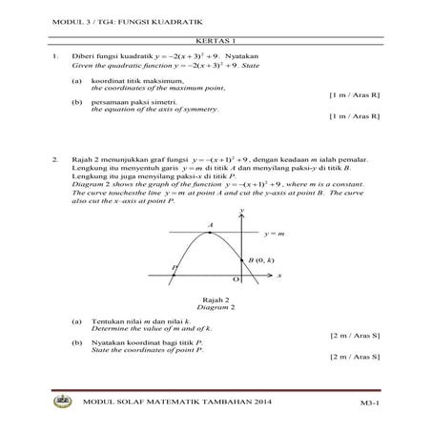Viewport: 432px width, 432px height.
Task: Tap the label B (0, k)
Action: click(x=260, y=258)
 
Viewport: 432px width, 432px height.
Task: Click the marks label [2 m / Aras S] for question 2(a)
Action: click(x=355, y=335)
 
